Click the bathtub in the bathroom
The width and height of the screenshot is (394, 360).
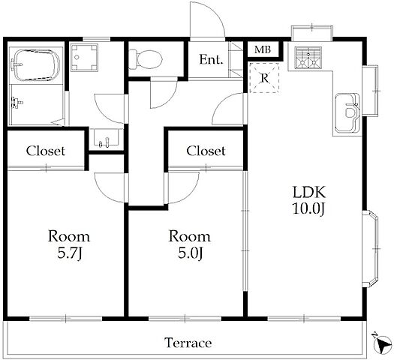[36, 64]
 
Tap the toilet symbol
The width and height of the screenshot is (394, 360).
[146, 59]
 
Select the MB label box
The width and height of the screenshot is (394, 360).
[263, 49]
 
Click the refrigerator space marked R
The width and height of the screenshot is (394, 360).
[264, 78]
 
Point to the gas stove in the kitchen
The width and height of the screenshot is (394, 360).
[308, 58]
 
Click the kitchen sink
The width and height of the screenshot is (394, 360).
[347, 112]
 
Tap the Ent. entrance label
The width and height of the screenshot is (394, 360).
[211, 59]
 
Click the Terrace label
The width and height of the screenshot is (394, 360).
[188, 343]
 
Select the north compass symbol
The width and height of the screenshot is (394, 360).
[381, 343]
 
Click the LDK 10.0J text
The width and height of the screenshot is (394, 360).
[309, 200]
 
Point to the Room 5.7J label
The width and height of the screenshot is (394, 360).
[69, 244]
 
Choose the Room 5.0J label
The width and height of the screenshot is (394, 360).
[190, 244]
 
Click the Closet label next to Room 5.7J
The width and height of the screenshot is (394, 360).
[46, 151]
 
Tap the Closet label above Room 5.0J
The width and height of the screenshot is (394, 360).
[206, 151]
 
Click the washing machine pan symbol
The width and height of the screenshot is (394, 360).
[83, 58]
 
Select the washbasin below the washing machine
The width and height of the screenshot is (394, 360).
[107, 137]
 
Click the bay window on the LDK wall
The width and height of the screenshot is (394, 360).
[371, 249]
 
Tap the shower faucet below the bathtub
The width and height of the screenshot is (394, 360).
[17, 103]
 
